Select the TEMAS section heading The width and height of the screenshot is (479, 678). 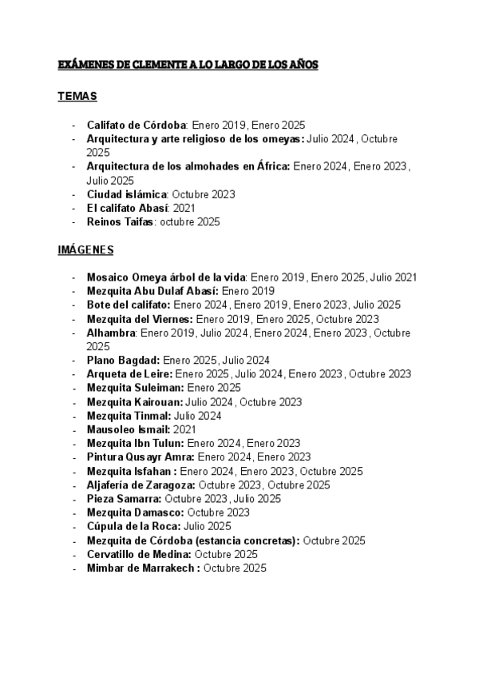coord(77,97)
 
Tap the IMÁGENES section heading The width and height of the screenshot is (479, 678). coord(85,250)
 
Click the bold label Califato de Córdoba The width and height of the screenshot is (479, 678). coord(137,125)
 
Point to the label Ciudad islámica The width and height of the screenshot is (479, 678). coord(127,194)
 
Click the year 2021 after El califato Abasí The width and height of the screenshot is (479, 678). coord(184,208)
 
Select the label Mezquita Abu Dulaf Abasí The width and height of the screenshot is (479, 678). coord(152,291)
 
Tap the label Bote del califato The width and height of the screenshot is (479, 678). coord(129,305)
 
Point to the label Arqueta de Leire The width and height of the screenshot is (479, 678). coord(130,373)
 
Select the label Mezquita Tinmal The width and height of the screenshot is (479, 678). coord(129,416)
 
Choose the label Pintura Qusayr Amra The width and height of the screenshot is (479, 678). coord(141,457)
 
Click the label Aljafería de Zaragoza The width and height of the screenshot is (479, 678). coord(141,485)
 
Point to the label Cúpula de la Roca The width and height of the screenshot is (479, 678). coord(133,526)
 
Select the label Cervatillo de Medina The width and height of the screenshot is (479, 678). coord(139,554)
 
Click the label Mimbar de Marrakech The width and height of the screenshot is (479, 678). coord(143,568)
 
